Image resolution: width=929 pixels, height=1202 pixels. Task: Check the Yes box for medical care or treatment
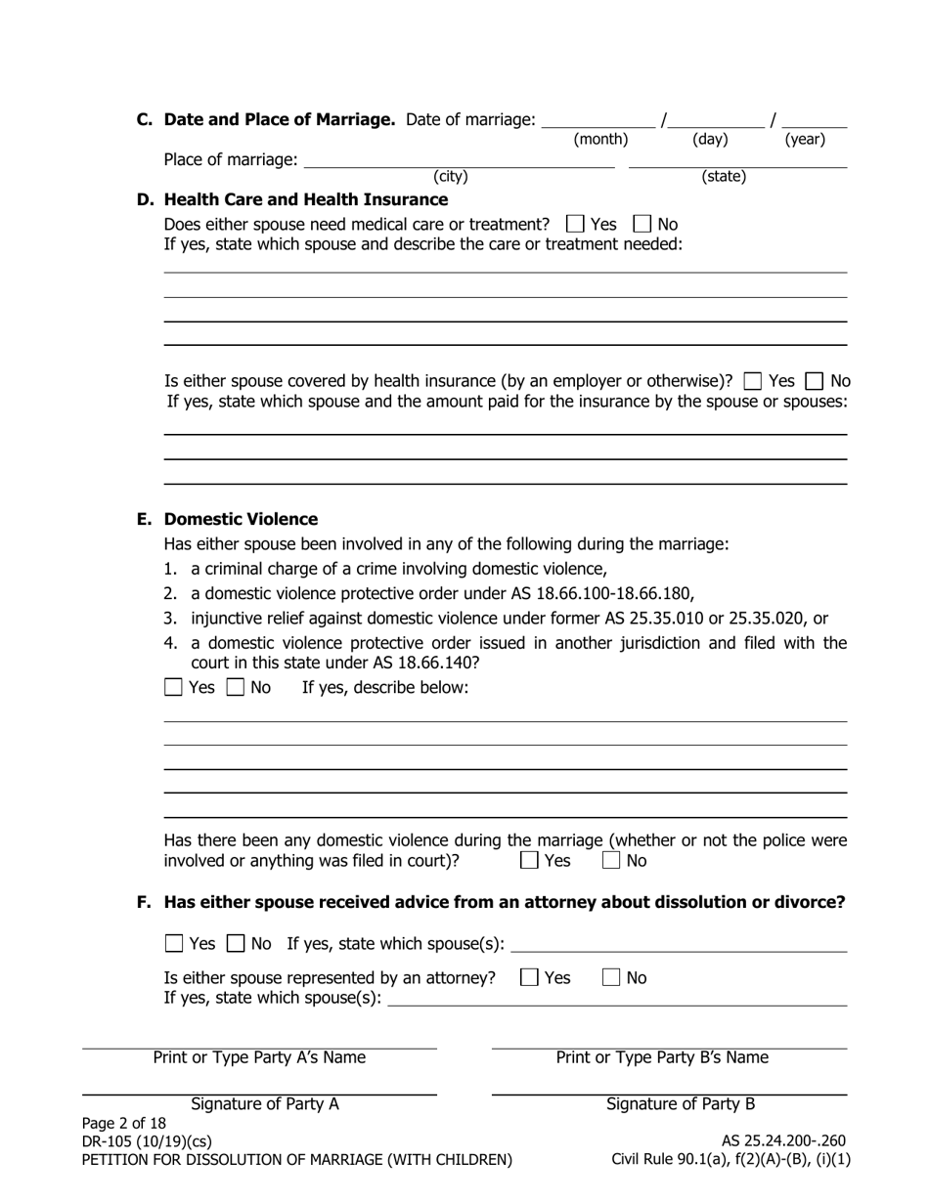tap(575, 224)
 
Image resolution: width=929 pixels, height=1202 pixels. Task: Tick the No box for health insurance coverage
tap(814, 381)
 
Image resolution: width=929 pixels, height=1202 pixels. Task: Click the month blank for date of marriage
tap(598, 121)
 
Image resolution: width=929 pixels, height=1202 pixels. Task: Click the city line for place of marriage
tap(459, 161)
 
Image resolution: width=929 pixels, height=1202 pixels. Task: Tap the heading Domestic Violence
tap(241, 519)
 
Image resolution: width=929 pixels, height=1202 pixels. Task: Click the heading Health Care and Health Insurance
tap(306, 199)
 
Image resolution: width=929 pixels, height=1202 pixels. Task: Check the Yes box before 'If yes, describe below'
tap(174, 687)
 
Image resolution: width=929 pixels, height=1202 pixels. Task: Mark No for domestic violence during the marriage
tap(611, 861)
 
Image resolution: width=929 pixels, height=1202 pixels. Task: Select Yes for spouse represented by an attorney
tap(529, 977)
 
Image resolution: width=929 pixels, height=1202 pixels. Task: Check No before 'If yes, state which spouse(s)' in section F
tap(236, 943)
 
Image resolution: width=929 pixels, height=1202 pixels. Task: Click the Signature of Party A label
tap(265, 1104)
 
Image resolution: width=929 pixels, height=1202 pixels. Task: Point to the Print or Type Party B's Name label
tap(662, 1057)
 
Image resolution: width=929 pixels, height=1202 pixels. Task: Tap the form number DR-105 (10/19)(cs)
tap(147, 1140)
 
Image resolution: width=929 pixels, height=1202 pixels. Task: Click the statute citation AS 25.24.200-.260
tap(783, 1140)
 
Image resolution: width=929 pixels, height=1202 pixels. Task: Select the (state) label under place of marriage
tap(724, 176)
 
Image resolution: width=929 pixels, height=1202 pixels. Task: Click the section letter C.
tap(145, 119)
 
